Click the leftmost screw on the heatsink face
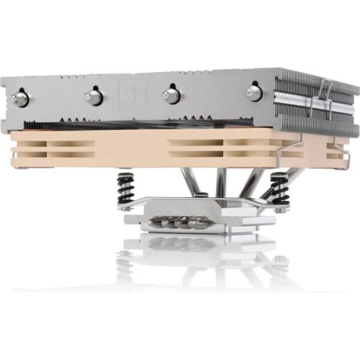coord(21,98)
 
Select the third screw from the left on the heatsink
coord(171,94)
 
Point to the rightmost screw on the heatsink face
coord(253,92)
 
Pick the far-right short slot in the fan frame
coord(333,147)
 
